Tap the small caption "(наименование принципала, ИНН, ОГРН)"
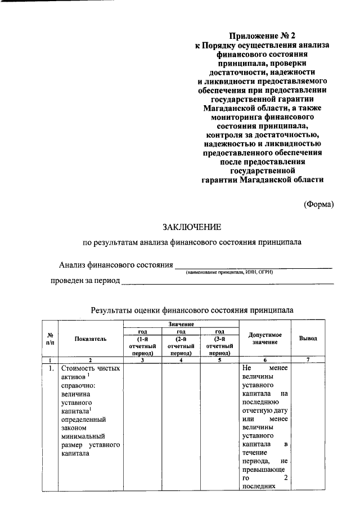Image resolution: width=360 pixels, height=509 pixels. [x=230, y=272]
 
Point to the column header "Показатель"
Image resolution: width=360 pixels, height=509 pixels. [x=89, y=339]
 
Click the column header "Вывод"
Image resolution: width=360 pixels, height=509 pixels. [x=308, y=339]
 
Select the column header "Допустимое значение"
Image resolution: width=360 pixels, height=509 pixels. [x=264, y=339]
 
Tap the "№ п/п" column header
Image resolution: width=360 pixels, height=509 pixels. [x=50, y=339]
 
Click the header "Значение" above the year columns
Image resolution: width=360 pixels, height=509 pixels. [x=181, y=325]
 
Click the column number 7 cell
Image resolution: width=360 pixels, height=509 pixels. [x=308, y=360]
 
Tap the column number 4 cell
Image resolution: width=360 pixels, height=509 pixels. [x=181, y=360]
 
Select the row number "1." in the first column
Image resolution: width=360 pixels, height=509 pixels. [x=51, y=369]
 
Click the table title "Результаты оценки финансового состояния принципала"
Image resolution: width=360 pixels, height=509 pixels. [x=192, y=310]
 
